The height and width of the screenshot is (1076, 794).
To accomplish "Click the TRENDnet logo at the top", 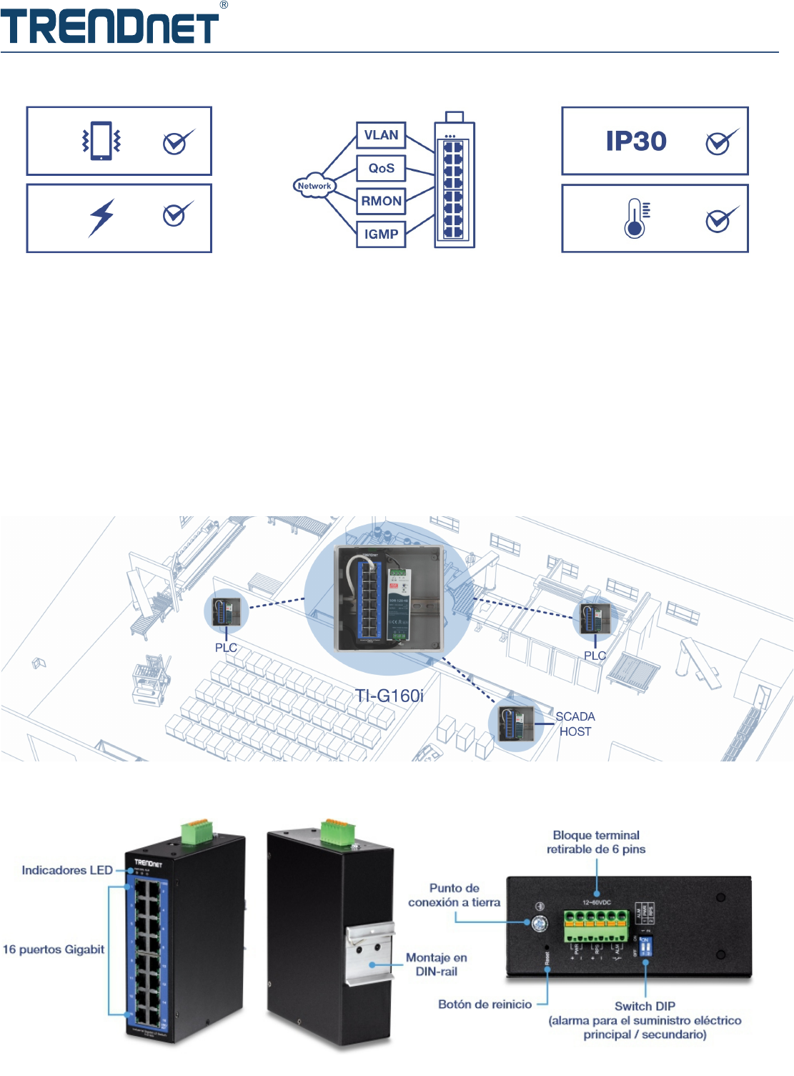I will pyautogui.click(x=110, y=26).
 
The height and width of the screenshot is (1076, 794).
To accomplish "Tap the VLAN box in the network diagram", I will pyautogui.click(x=381, y=135).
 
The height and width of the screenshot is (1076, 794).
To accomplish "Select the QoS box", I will pyautogui.click(x=381, y=168).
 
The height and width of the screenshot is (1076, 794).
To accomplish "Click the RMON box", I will pyautogui.click(x=381, y=201).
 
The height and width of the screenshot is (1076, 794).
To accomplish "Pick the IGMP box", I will pyautogui.click(x=381, y=234).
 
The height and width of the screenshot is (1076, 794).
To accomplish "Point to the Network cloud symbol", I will pyautogui.click(x=314, y=186).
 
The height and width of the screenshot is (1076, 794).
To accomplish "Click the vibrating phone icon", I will pyautogui.click(x=101, y=141).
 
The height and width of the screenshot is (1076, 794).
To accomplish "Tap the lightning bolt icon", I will pyautogui.click(x=101, y=218).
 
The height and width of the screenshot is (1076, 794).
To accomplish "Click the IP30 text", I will pyautogui.click(x=636, y=142).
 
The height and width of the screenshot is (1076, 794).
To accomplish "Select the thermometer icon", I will pyautogui.click(x=635, y=219).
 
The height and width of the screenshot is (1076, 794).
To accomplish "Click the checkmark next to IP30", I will pyautogui.click(x=720, y=142).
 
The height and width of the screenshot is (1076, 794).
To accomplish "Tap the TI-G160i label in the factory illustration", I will pyautogui.click(x=389, y=696).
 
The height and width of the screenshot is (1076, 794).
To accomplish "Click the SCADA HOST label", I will pyautogui.click(x=575, y=724).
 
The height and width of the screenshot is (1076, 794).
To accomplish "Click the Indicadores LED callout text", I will pyautogui.click(x=67, y=870).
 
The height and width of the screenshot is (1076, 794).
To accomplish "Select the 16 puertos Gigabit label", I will pyautogui.click(x=54, y=949).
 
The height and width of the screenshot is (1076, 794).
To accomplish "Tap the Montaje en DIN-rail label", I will pyautogui.click(x=437, y=964).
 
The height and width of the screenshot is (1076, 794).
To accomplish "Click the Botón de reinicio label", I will pyautogui.click(x=485, y=1005).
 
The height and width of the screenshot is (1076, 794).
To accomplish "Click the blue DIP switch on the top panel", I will pyautogui.click(x=645, y=947).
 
